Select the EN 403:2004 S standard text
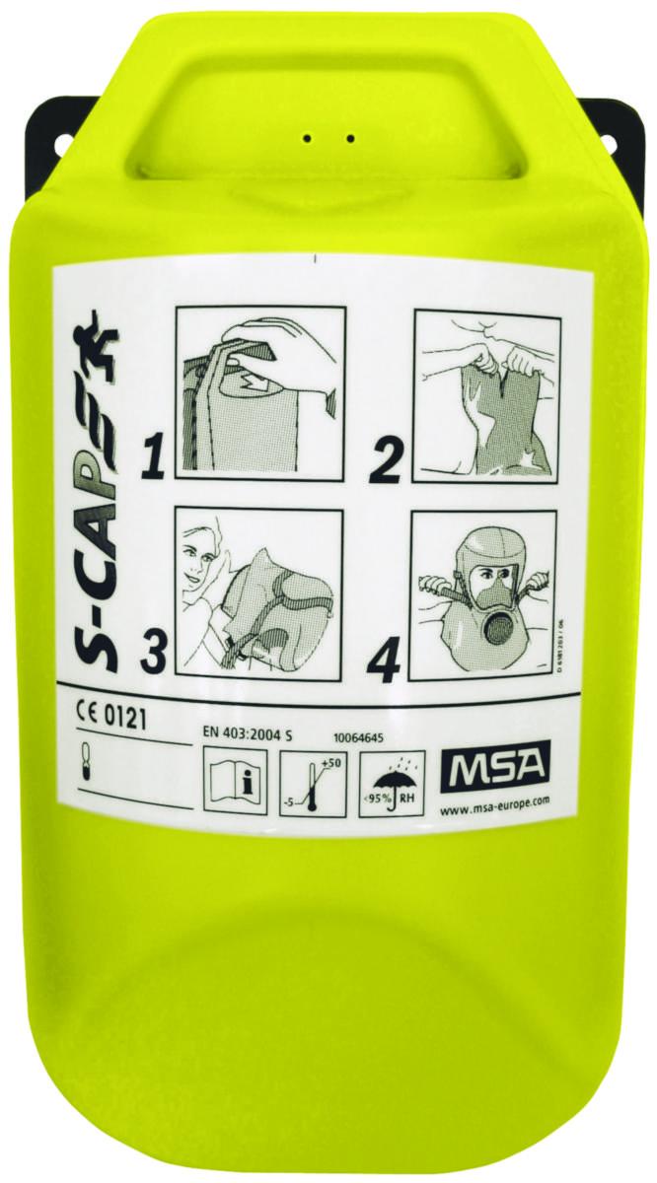255,731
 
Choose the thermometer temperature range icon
311,779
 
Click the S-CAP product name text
91,522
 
